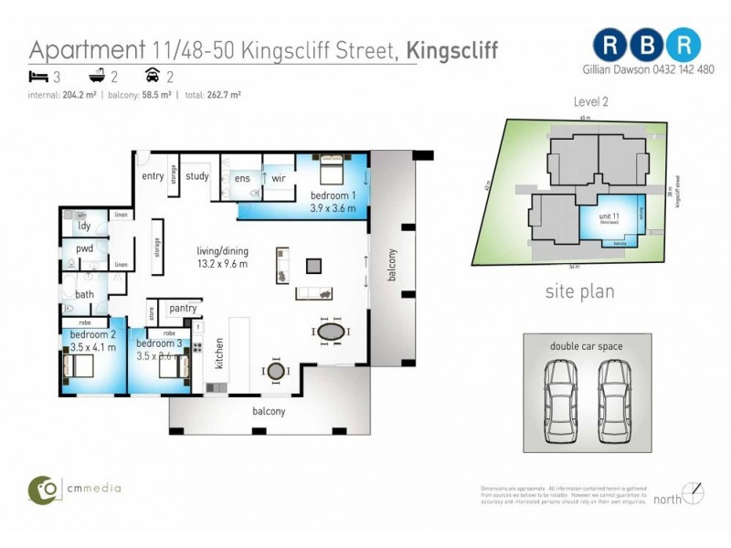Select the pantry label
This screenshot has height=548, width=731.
tap(184, 309)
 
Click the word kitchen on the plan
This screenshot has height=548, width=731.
tap(219, 353)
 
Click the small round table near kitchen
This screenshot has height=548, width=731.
tap(275, 371)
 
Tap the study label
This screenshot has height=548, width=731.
tap(197, 176)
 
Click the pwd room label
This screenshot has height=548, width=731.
tap(84, 248)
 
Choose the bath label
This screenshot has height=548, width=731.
tap(84, 294)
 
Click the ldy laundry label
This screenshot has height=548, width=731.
tap(84, 225)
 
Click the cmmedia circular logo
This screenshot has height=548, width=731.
tap(40, 489)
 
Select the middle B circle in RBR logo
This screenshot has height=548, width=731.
tap(648, 44)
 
